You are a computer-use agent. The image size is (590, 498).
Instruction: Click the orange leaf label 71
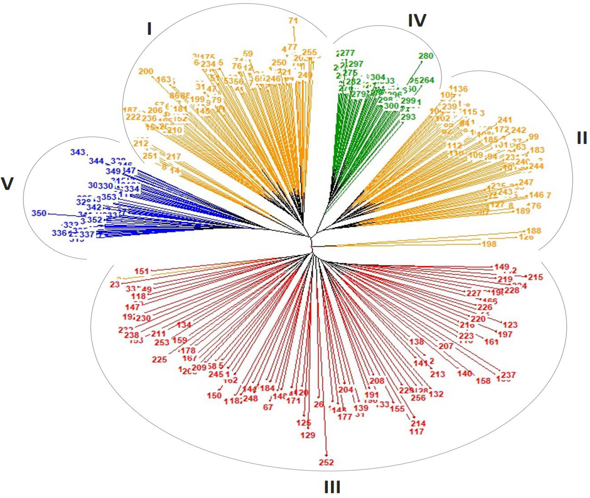tap(293, 21)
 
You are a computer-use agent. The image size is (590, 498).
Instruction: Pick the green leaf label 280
tap(426, 56)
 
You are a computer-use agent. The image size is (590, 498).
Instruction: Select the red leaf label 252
tap(326, 462)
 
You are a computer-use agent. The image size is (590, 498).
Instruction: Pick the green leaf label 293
tap(408, 117)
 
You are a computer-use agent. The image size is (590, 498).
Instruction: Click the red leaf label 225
tap(160, 359)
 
